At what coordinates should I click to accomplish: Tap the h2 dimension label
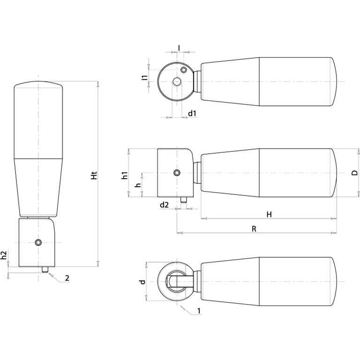click(5, 255)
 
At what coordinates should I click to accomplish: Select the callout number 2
click(67, 278)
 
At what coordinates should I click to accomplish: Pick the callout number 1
click(199, 311)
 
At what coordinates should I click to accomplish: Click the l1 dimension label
click(145, 78)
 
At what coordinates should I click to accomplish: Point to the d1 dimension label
click(192, 113)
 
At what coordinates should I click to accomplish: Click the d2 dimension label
click(164, 204)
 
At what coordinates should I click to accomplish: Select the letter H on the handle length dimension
click(269, 214)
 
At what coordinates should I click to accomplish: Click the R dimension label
click(254, 229)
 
